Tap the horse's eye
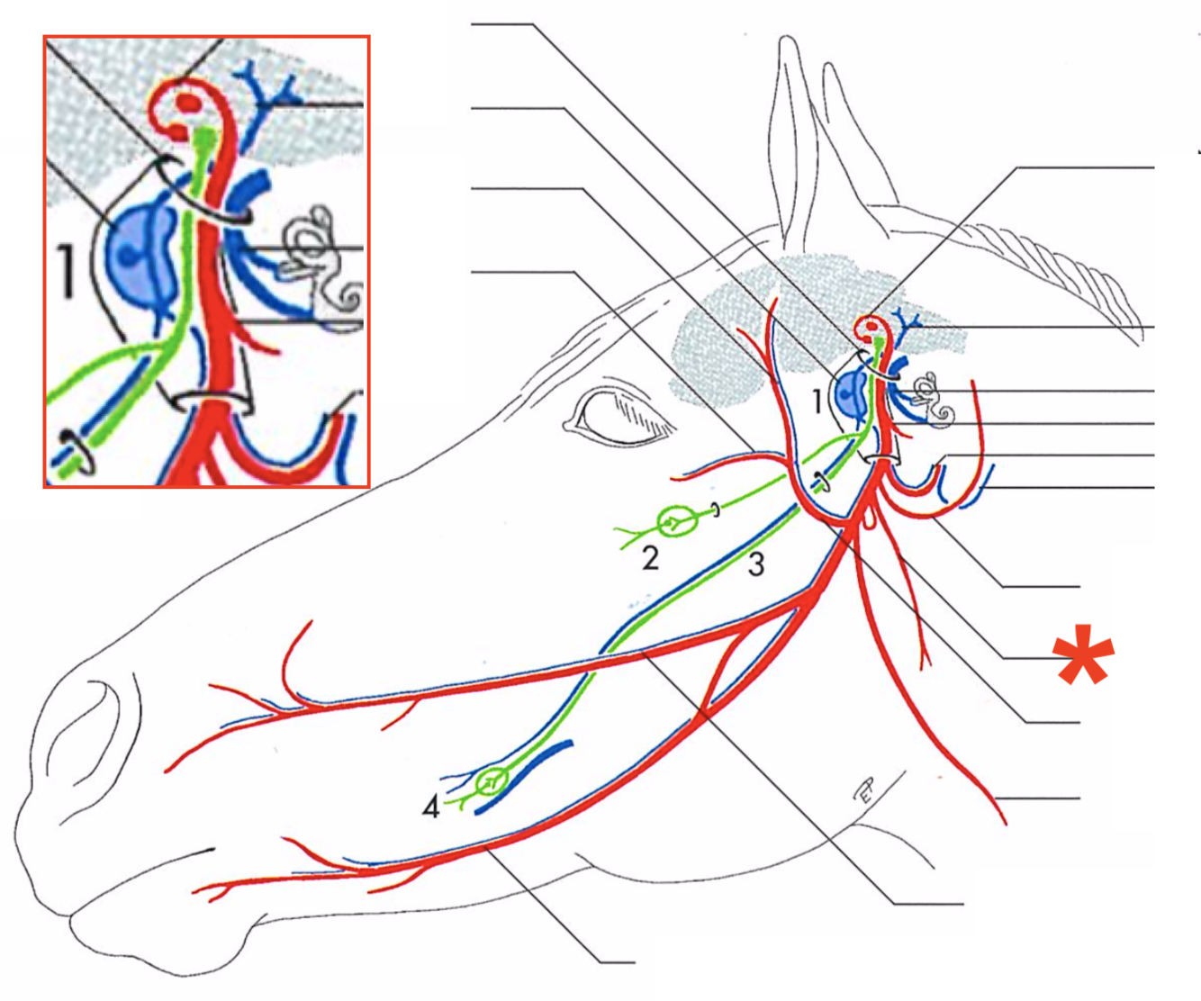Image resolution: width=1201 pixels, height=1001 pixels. coord(621,417)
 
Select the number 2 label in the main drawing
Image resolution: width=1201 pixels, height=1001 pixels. coord(650,559)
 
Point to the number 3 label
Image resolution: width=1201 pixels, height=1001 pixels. coord(756,564)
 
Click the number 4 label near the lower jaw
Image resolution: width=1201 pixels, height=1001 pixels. coord(431,807)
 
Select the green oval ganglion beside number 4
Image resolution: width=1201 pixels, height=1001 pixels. coord(491,780)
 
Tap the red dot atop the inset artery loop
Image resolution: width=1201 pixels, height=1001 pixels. coord(188,103)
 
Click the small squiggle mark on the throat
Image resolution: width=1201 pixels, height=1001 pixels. coord(863,792)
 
